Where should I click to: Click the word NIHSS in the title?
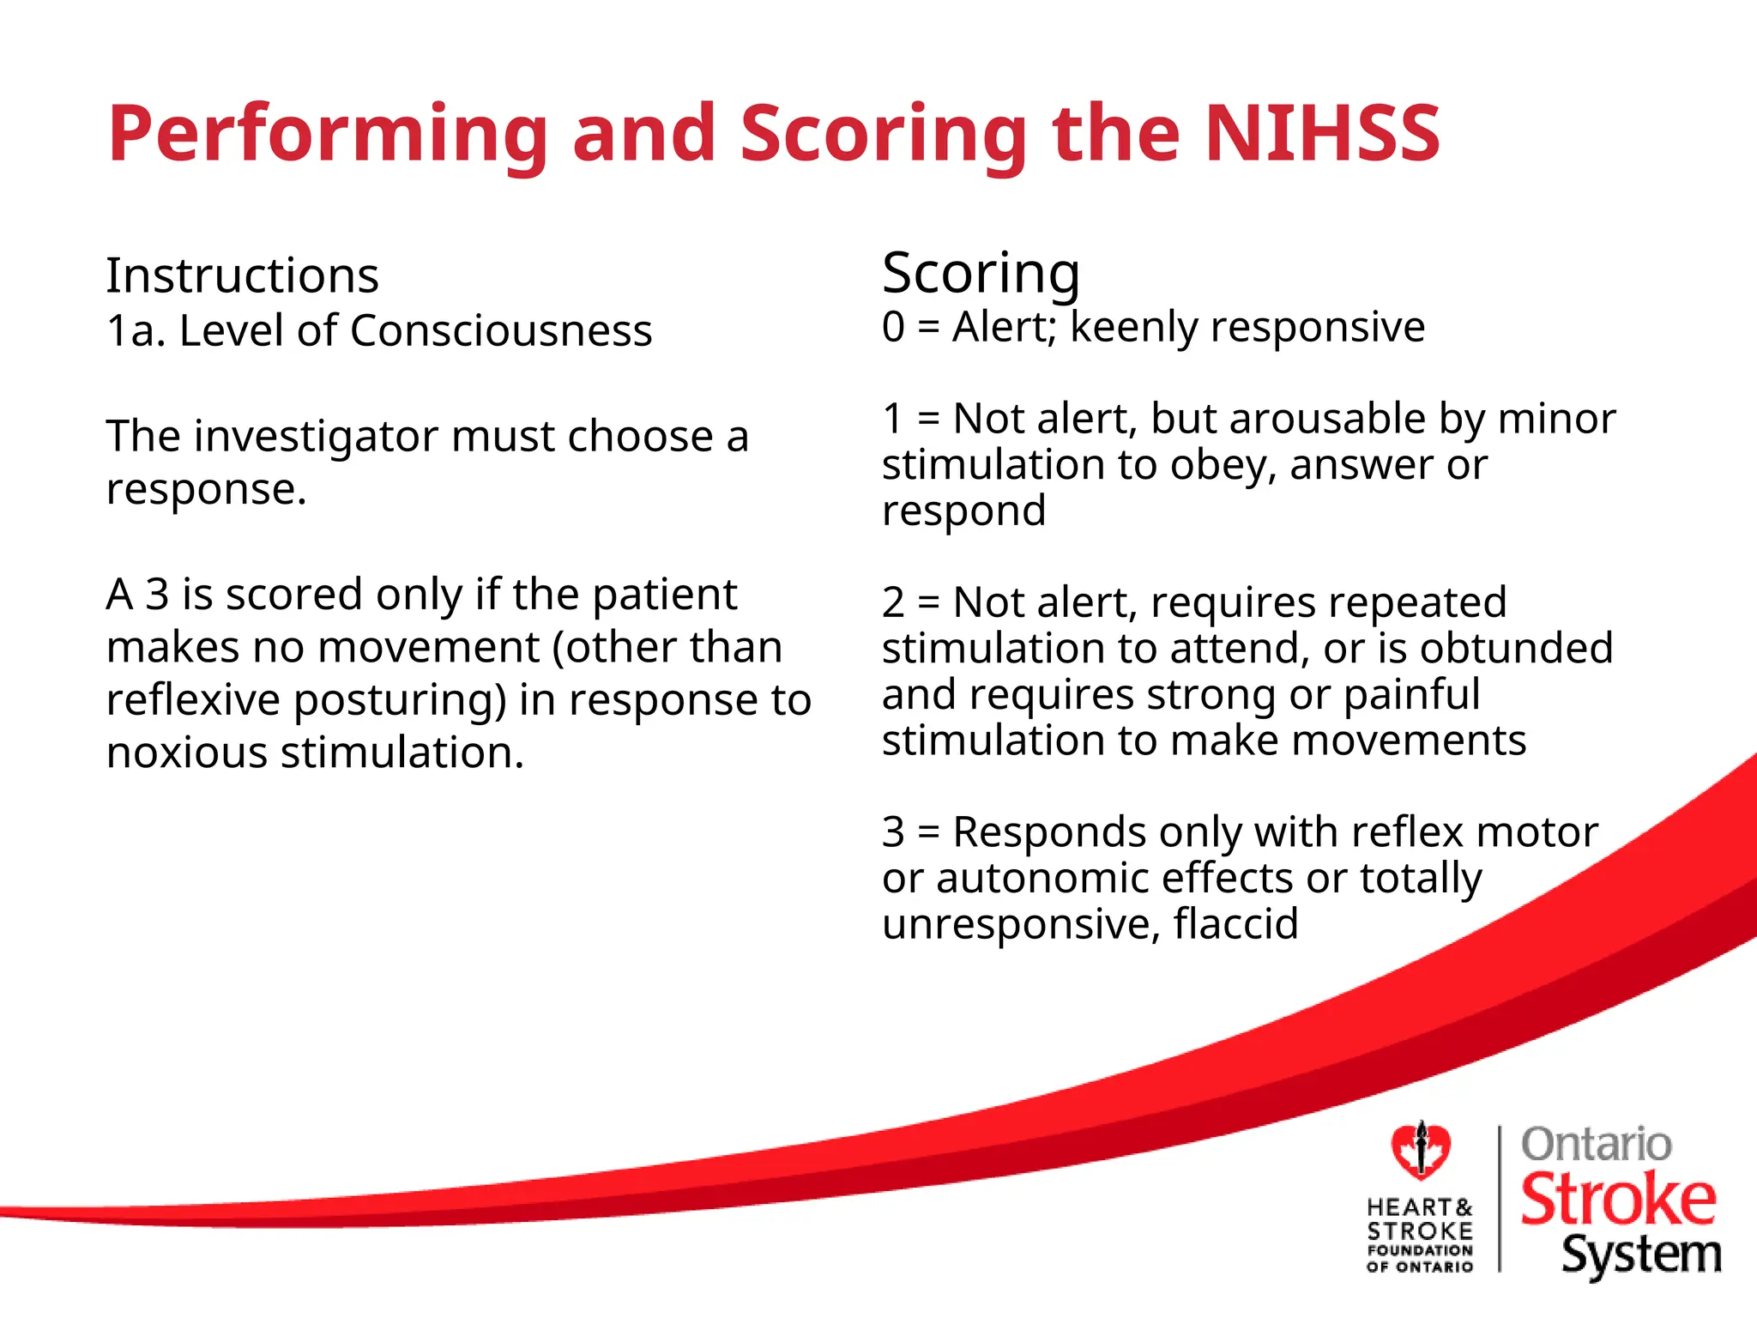pos(1322,133)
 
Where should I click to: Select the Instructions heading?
pos(242,275)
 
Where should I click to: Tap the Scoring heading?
pos(981,274)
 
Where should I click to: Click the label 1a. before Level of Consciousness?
pos(136,331)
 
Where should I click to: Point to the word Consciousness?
pos(501,331)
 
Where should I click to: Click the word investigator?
pos(317,438)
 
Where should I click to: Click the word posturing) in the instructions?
pos(401,701)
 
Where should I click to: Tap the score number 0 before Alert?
pos(893,328)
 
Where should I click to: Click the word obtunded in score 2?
pos(1516,649)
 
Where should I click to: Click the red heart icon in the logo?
pos(1421,1151)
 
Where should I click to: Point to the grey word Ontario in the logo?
pos(1596,1145)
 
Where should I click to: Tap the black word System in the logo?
pos(1640,1255)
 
